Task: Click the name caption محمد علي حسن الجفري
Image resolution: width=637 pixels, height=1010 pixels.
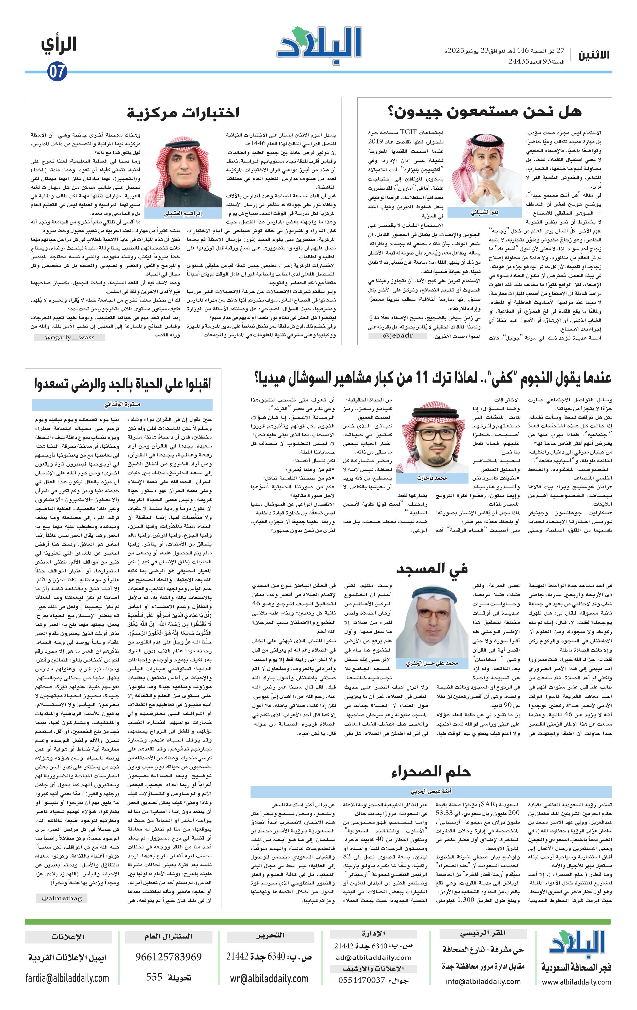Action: [432, 663]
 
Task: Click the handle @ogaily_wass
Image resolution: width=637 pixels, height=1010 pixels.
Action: [69, 337]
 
